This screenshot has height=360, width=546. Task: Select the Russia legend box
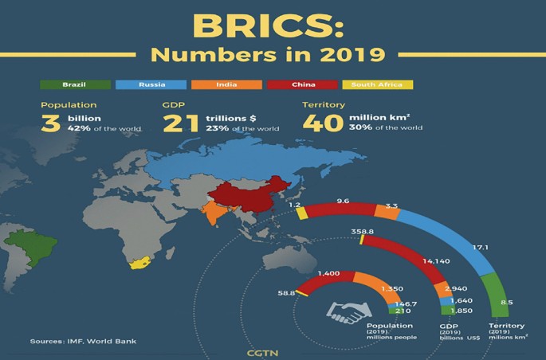(151, 84)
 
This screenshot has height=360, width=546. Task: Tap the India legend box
(226, 84)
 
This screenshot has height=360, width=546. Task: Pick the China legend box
(301, 84)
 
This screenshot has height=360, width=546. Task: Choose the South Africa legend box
(377, 84)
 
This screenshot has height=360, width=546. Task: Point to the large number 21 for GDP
(182, 123)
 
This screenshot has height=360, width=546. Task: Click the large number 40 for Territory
(322, 123)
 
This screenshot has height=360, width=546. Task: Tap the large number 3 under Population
(52, 123)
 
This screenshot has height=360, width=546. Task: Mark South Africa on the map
(137, 264)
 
